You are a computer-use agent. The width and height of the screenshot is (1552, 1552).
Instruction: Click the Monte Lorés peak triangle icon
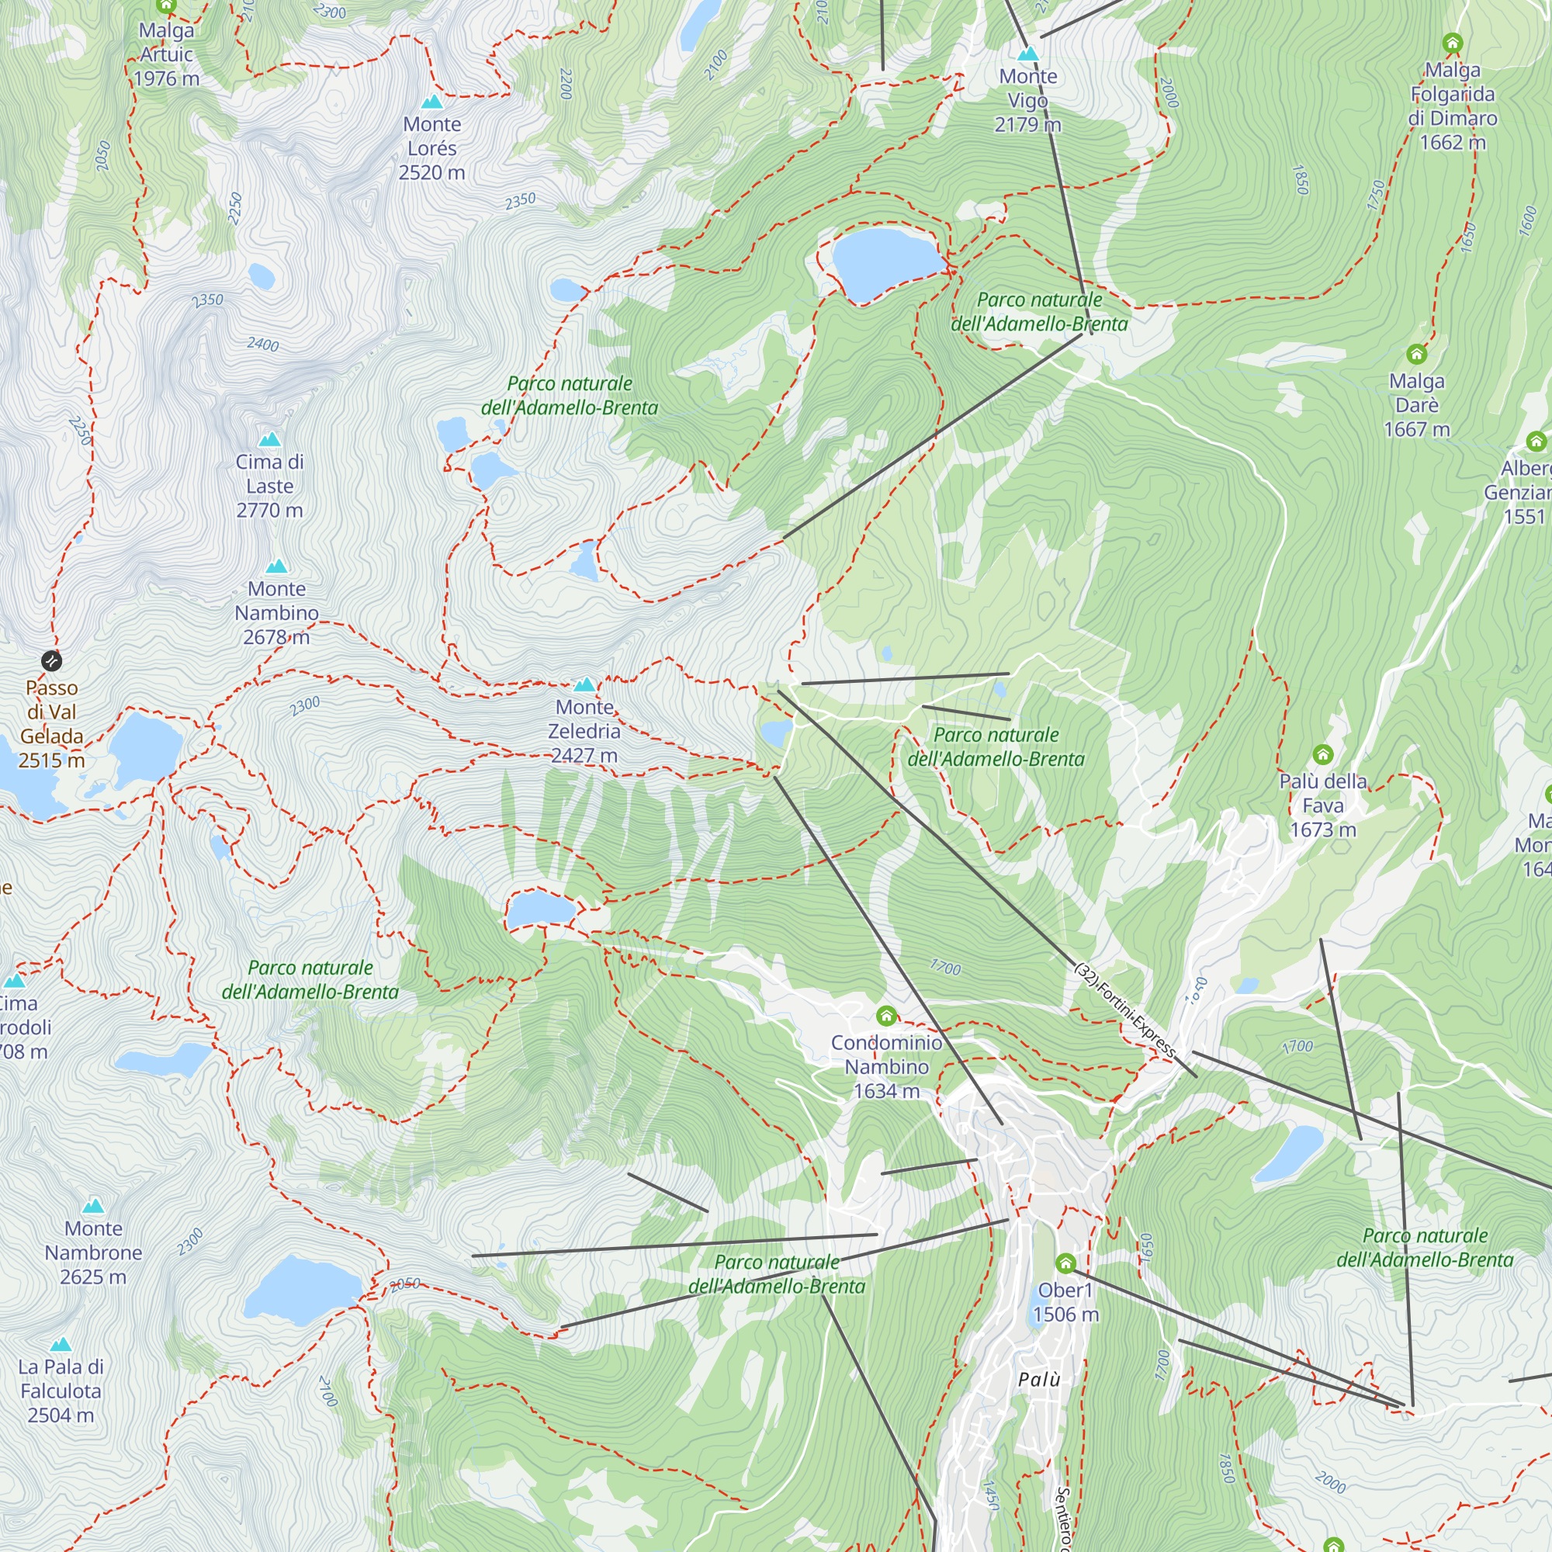432,102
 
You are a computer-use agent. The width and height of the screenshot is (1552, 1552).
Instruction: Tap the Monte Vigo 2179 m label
1027,100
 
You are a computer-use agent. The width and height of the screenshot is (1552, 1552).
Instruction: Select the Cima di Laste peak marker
270,439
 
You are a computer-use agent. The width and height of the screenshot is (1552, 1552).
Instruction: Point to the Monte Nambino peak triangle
276,566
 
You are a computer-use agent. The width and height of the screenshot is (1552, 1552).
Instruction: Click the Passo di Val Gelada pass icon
51,661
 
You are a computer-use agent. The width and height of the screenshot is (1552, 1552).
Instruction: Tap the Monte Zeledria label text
584,731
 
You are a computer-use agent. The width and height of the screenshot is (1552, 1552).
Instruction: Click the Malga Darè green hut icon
1416,353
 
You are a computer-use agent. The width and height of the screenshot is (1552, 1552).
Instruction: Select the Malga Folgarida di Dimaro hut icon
1453,43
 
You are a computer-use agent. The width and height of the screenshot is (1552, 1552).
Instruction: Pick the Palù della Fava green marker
1322,754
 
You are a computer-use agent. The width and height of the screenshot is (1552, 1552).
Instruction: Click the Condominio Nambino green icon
886,1017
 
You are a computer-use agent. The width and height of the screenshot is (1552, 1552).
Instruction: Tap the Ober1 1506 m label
1065,1302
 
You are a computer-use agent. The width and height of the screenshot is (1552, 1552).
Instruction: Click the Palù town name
1039,1380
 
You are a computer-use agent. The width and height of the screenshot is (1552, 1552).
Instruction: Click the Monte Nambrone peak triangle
94,1206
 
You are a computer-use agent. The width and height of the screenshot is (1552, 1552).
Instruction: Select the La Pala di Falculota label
61,1391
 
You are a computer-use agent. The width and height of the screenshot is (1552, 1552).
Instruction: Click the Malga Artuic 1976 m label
166,54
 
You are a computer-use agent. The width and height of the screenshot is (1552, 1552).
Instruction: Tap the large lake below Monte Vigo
884,261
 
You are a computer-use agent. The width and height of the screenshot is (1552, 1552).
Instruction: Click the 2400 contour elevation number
263,345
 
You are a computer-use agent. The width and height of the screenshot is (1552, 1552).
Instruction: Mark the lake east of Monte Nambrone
301,1288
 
